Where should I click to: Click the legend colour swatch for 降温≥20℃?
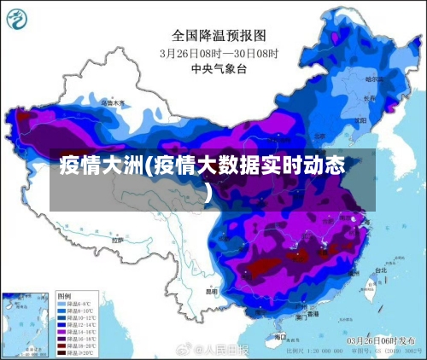(62, 351)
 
